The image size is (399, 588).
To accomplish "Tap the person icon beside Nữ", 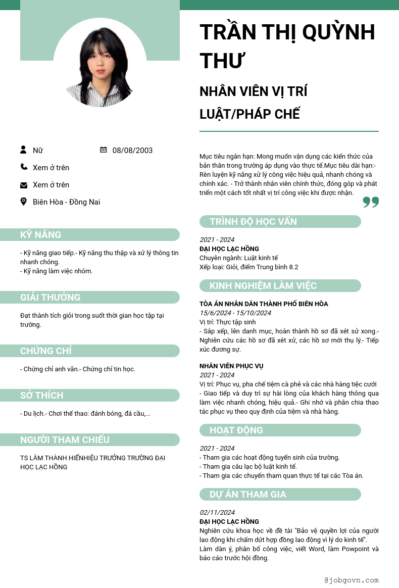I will tap(23, 150).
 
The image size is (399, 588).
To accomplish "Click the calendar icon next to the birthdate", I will tap(104, 150).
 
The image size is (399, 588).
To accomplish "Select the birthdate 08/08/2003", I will tap(132, 150).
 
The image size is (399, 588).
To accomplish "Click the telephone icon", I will tap(24, 167).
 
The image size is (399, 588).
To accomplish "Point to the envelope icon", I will tap(24, 185).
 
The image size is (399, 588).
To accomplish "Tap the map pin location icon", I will tap(24, 202).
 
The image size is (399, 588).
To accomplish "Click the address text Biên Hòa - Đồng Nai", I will tap(66, 202).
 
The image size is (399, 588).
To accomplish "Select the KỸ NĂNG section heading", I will tap(40, 234).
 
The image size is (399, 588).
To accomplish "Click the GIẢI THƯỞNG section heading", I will tap(50, 297).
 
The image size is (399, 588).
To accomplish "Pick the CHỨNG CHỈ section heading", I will tap(45, 351).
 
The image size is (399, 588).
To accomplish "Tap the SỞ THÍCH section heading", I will tap(41, 395).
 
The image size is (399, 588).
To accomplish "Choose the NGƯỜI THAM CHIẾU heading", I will tap(65, 439).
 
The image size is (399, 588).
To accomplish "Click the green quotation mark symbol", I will tap(371, 203).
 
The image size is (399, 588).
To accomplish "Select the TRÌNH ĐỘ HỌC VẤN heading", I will tap(253, 221).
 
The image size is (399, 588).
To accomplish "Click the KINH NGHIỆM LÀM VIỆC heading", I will tap(263, 285).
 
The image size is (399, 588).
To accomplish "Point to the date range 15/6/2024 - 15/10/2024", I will tap(235, 313).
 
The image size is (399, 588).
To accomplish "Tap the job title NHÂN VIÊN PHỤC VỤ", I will tap(231, 366).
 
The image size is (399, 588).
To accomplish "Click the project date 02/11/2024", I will tap(217, 512).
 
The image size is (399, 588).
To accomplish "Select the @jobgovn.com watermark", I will tap(352, 580).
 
